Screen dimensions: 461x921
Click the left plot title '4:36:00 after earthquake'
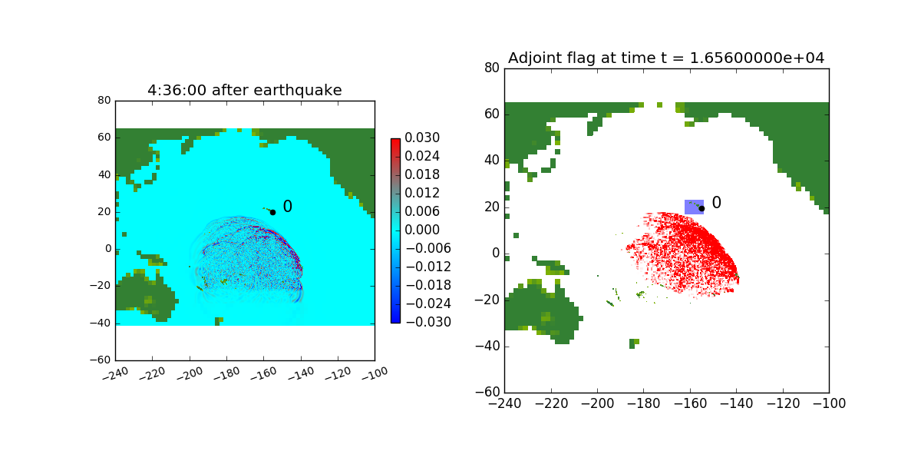point(244,91)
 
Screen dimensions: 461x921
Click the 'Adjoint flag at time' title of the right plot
point(666,58)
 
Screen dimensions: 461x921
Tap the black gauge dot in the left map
point(272,212)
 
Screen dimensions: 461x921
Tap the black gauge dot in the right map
point(701,208)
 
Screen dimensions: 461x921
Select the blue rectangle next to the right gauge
point(692,207)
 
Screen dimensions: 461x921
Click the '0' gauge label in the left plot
point(288,207)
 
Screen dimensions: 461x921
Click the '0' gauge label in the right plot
point(717,203)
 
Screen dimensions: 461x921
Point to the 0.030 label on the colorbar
point(423,138)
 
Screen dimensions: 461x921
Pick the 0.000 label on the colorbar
point(423,230)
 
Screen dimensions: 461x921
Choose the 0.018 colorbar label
point(423,174)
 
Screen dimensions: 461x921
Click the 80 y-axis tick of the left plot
point(104,101)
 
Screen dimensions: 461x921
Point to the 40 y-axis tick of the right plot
point(490,161)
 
